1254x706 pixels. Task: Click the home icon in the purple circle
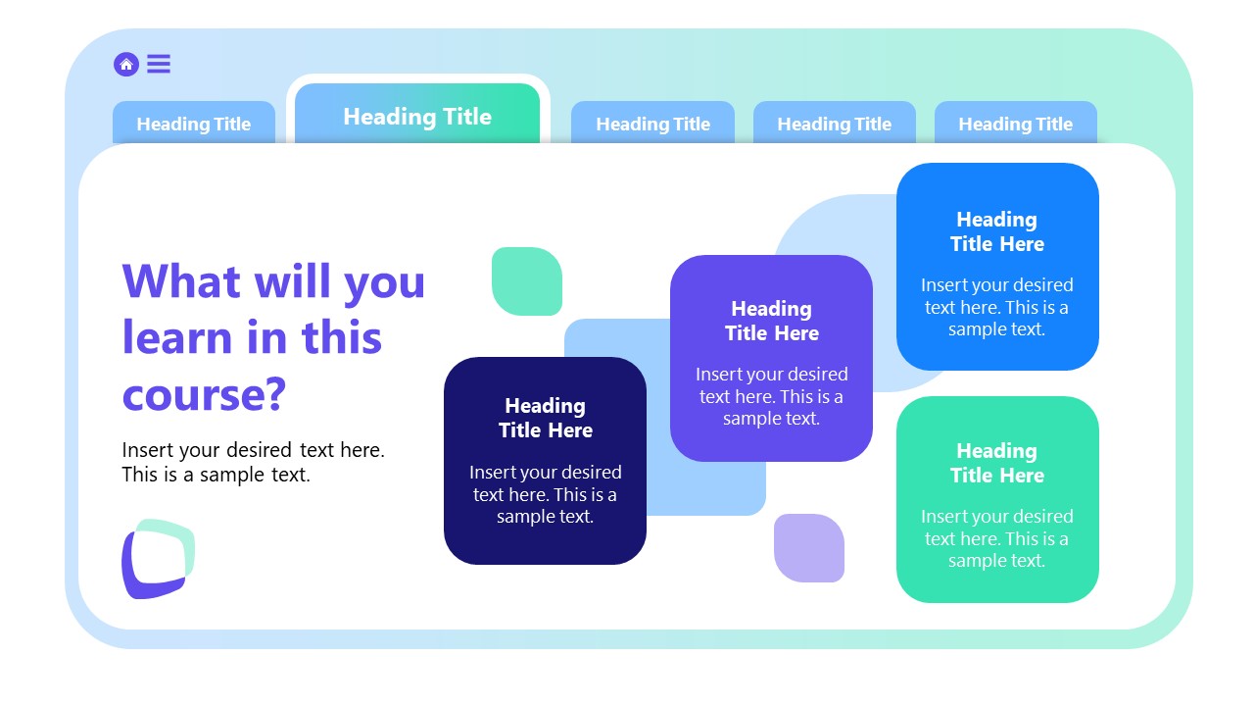point(125,64)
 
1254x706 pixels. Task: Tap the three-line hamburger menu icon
point(159,64)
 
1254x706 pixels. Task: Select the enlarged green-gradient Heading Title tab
point(417,116)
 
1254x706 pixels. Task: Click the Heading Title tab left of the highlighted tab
point(194,124)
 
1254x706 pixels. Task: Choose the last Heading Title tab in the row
point(1015,124)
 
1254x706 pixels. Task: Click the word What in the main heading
point(181,280)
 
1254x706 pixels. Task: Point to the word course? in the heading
point(204,394)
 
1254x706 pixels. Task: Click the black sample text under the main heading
point(253,462)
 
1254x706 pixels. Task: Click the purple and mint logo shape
point(157,559)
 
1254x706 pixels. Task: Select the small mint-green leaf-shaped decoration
point(527,281)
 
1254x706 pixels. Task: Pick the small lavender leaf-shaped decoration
point(809,548)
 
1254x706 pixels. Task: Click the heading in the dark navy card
point(545,418)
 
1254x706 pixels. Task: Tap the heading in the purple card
point(771,321)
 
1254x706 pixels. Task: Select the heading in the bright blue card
point(997,231)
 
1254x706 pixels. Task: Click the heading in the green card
point(997,463)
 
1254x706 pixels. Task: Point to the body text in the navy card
point(545,494)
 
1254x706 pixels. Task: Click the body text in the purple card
point(771,396)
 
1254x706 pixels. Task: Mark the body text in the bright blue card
point(997,307)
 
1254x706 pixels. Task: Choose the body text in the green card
point(997,538)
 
